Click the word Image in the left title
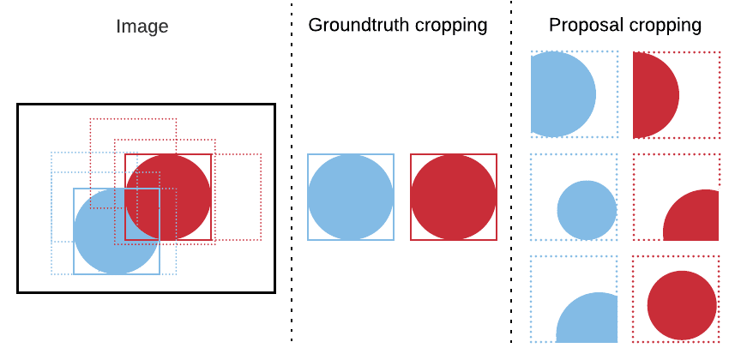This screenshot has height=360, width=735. pyautogui.click(x=142, y=27)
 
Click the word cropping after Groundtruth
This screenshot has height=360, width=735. pyautogui.click(x=451, y=26)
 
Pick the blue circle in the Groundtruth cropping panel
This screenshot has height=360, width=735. pyautogui.click(x=351, y=197)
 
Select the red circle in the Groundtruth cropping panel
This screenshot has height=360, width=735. pyautogui.click(x=454, y=197)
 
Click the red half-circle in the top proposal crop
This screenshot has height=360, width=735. pyautogui.click(x=654, y=94)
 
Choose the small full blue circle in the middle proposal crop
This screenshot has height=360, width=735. pyautogui.click(x=587, y=210)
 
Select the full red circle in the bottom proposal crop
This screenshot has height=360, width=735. pyautogui.click(x=682, y=305)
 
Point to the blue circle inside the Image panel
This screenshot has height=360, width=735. pyautogui.click(x=107, y=236)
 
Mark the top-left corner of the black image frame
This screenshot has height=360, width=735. pyautogui.click(x=18, y=105)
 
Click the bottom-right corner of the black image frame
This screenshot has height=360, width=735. pyautogui.click(x=274, y=292)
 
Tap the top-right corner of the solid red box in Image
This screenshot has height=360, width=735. pyautogui.click(x=211, y=154)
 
